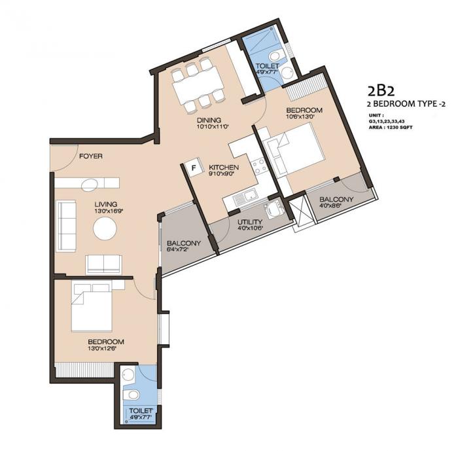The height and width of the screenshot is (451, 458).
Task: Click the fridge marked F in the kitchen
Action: click(x=193, y=168)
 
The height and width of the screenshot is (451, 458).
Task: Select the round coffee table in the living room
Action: click(x=105, y=229)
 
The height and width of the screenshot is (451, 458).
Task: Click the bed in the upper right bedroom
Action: click(x=294, y=149)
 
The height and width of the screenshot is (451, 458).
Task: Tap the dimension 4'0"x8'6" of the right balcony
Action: click(x=336, y=207)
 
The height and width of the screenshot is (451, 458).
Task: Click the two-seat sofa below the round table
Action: click(x=103, y=264)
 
